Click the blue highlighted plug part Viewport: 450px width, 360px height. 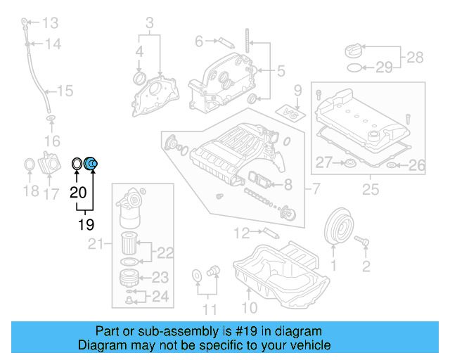(x=92, y=165)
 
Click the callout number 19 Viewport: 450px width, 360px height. (x=85, y=225)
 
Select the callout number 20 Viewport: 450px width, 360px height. (x=78, y=191)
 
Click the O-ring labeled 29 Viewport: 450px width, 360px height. (x=357, y=68)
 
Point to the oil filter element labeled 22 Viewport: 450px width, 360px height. (x=130, y=243)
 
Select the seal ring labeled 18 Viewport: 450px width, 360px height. (x=30, y=166)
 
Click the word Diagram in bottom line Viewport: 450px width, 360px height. (x=99, y=345)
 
